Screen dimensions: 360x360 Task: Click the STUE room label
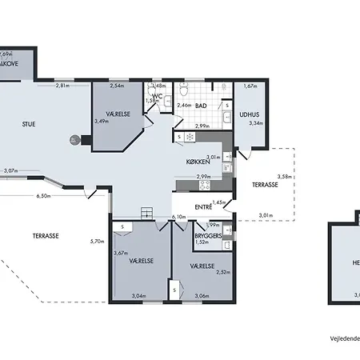(x=27, y=124)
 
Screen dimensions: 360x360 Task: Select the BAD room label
(x=202, y=105)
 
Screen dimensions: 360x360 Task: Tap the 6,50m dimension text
(x=43, y=195)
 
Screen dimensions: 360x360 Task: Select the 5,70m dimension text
(x=98, y=241)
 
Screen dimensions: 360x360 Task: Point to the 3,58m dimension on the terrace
(x=284, y=176)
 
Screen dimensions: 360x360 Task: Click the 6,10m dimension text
(x=178, y=217)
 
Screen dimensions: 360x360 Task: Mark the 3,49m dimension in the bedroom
(x=102, y=121)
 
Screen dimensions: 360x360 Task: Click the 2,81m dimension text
(x=62, y=86)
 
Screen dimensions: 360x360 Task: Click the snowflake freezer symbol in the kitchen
(x=190, y=137)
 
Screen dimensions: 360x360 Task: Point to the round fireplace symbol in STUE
(x=75, y=141)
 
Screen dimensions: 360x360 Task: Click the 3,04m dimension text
(x=138, y=296)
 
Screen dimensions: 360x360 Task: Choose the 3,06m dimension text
(x=202, y=296)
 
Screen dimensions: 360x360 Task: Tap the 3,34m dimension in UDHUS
(x=256, y=124)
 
